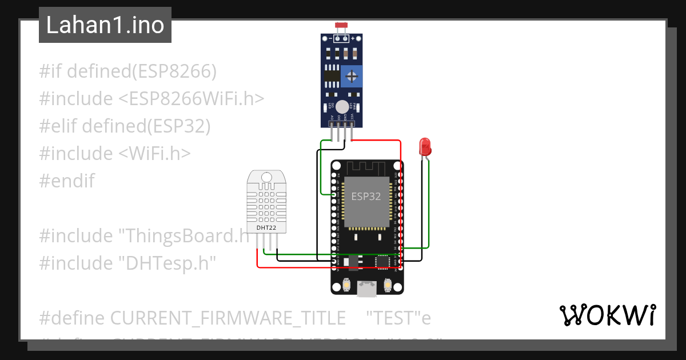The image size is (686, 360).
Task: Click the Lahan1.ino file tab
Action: pyautogui.click(x=105, y=25)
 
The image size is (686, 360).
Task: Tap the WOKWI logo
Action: pyautogui.click(x=607, y=315)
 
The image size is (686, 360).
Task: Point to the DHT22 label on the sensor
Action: pyautogui.click(x=267, y=227)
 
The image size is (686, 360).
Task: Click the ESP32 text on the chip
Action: pyautogui.click(x=366, y=197)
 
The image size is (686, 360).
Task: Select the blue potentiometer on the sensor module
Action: pyautogui.click(x=352, y=76)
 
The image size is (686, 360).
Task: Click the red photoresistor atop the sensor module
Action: pyautogui.click(x=342, y=26)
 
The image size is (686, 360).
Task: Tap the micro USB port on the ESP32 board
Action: pyautogui.click(x=366, y=289)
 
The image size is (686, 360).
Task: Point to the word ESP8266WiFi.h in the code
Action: pyautogui.click(x=192, y=99)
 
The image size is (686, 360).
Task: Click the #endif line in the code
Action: pyautogui.click(x=67, y=181)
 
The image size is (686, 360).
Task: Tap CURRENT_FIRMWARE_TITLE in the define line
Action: pyautogui.click(x=228, y=318)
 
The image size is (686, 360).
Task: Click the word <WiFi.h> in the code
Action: pyautogui.click(x=155, y=154)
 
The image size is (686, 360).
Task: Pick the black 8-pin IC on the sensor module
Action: pyautogui.click(x=331, y=76)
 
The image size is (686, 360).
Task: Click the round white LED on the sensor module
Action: pyautogui.click(x=342, y=106)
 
